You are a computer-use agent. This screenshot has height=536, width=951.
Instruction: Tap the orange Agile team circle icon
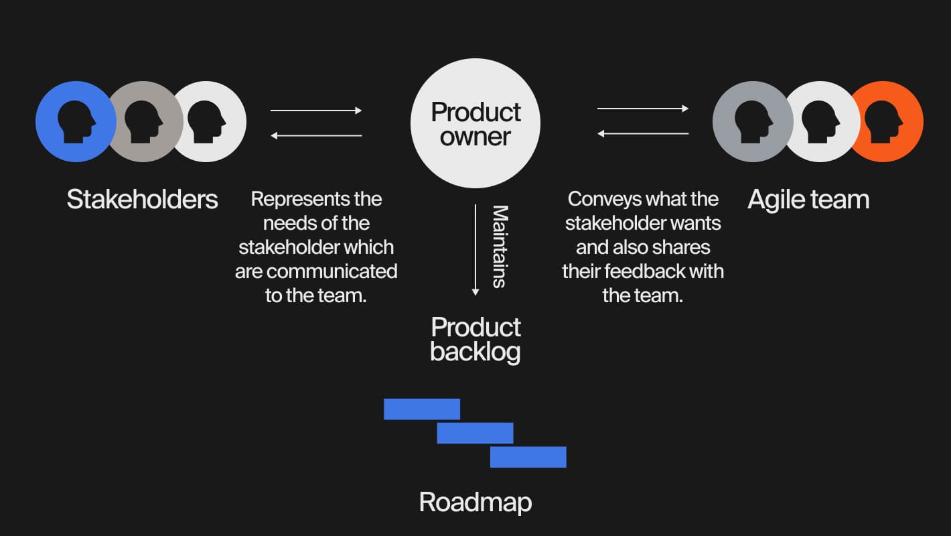coord(891,121)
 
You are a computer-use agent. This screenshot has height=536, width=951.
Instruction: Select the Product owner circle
coord(475,123)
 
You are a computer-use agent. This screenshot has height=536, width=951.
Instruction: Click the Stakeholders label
coord(142,200)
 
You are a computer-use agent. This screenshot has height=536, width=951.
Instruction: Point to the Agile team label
coord(808,200)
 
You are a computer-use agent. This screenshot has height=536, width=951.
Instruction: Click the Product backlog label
coord(475,339)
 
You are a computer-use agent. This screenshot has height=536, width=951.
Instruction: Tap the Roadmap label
coord(475,502)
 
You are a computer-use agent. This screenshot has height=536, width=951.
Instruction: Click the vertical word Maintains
coord(500,247)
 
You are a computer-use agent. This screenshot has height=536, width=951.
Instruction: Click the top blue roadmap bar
coord(422,409)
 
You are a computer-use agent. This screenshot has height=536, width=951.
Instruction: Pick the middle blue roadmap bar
coord(475,433)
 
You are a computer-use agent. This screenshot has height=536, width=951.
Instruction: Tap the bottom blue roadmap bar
coord(528,457)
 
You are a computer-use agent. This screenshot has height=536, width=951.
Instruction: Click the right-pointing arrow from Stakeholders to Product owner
coord(316,111)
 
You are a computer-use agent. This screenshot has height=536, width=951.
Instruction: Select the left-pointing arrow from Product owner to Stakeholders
coord(316,136)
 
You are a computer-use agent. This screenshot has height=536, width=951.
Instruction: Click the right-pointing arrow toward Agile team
coord(643,109)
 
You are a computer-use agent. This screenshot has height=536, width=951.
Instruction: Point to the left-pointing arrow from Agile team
coord(643,134)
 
